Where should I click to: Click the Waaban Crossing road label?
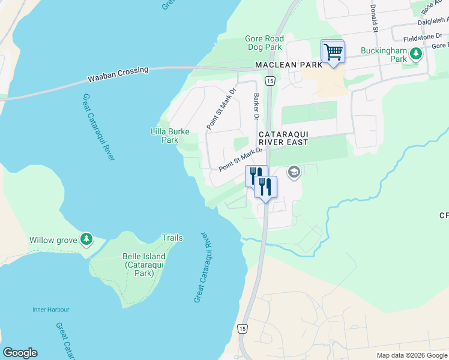point(118,74)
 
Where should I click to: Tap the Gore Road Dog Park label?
point(264,43)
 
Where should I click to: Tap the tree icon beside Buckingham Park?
point(415,55)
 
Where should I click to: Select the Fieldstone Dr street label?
point(423,37)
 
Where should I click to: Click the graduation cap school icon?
point(294,173)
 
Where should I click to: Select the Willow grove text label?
point(53,240)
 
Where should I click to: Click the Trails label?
point(172,238)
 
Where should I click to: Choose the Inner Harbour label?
point(51,310)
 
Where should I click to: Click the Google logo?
point(20,353)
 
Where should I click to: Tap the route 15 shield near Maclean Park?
point(270,81)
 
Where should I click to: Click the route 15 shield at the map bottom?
point(242,328)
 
